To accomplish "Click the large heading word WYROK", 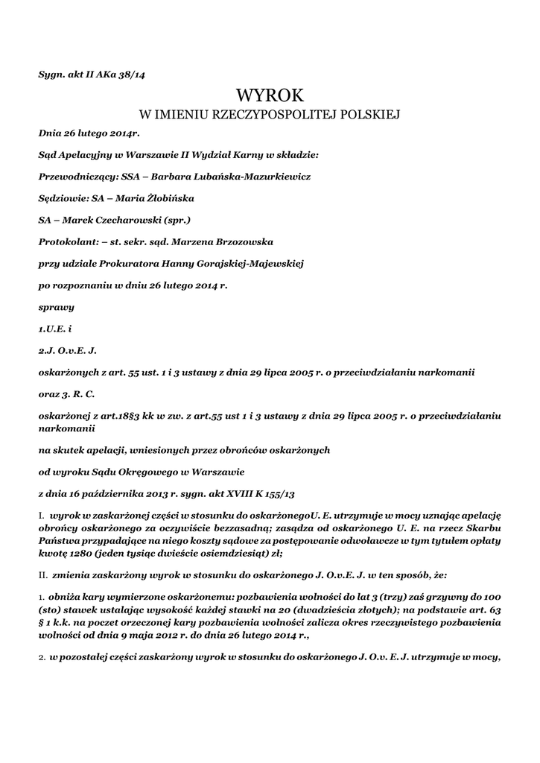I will [270, 95].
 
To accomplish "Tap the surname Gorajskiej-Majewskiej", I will [234, 263].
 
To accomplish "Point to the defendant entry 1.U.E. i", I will [54, 328].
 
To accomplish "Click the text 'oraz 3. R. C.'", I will [66, 392].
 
